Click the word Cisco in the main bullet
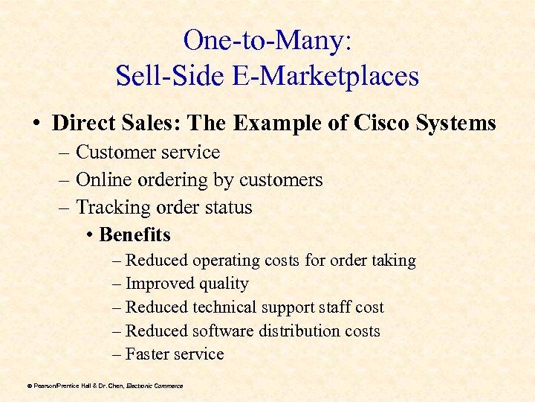coord(387,123)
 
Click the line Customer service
coord(148,152)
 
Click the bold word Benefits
coord(134,234)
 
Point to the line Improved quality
coord(187,284)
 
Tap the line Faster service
coord(174,354)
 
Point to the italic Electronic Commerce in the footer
coord(155,386)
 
